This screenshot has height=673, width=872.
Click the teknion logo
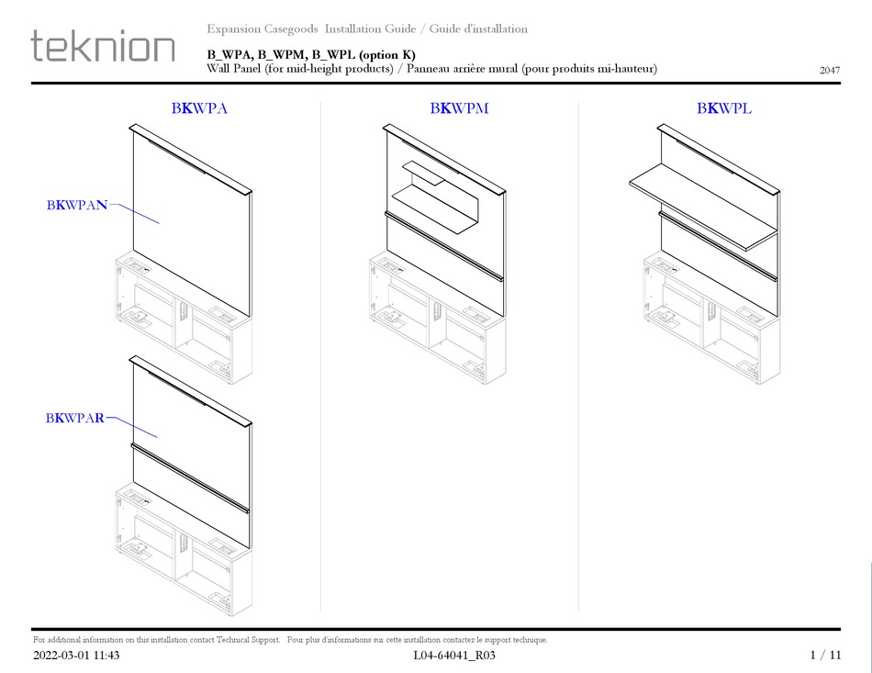tap(103, 46)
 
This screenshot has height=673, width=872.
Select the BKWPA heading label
tap(199, 108)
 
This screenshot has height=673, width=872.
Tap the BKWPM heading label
tap(459, 108)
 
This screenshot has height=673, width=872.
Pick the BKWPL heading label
tap(724, 108)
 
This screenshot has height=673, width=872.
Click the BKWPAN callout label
tap(77, 205)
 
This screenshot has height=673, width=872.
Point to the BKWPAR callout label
tap(76, 419)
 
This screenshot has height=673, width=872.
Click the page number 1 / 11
tap(825, 656)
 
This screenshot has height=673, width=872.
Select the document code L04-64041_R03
tap(455, 656)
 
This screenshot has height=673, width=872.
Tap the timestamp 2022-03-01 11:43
tap(76, 656)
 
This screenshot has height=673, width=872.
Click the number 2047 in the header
tap(829, 70)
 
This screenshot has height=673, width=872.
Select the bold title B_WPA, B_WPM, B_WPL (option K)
tap(311, 54)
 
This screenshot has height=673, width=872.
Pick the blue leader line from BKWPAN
tap(135, 214)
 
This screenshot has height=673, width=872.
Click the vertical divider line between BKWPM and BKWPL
tap(578, 358)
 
